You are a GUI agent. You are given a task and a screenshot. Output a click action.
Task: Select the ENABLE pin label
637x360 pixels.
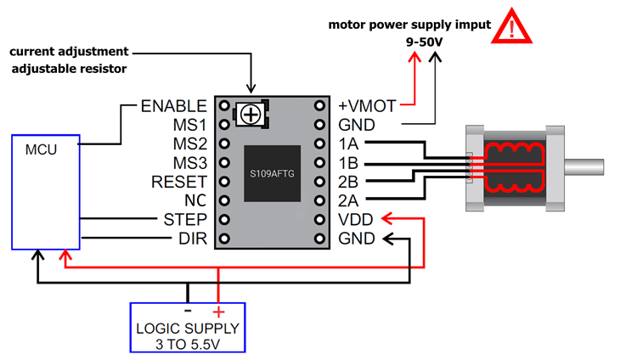(x=173, y=106)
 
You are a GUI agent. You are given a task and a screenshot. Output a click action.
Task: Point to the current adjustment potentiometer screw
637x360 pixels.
(x=251, y=114)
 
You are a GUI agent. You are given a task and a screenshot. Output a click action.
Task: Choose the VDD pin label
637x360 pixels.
(x=356, y=219)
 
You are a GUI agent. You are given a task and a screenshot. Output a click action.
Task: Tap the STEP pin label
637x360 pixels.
(x=185, y=219)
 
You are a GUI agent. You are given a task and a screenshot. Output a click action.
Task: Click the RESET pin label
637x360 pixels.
(x=178, y=182)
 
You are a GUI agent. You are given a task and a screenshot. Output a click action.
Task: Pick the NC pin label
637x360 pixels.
(x=194, y=200)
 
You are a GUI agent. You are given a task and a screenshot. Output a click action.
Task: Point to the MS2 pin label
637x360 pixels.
(x=188, y=144)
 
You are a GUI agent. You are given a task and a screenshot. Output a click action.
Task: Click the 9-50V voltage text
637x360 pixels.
(x=422, y=41)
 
